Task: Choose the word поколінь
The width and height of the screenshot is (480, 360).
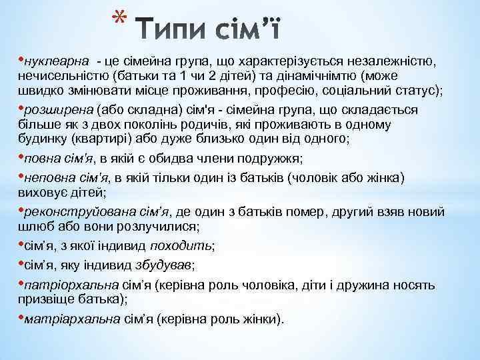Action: coord(143,125)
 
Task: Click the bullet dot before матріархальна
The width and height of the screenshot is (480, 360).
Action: coord(21,318)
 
